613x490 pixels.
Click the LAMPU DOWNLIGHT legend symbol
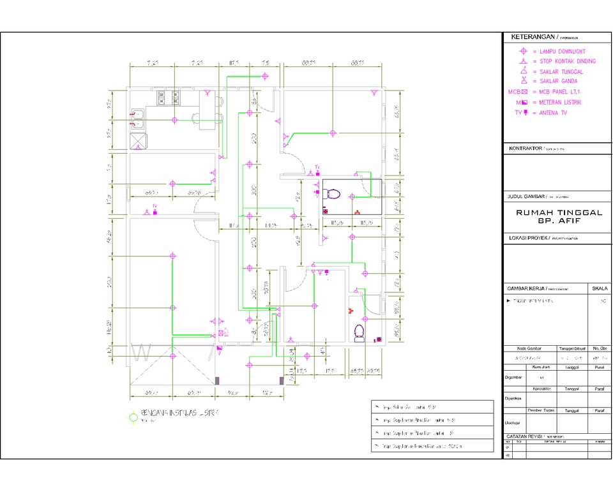(523, 51)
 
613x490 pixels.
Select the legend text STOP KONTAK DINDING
(567, 61)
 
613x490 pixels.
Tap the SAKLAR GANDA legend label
(561, 82)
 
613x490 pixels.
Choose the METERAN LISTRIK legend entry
(560, 102)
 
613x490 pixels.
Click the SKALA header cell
(600, 288)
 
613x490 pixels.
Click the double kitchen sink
(138, 120)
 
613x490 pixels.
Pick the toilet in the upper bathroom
(332, 193)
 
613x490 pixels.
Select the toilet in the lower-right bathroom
(359, 332)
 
